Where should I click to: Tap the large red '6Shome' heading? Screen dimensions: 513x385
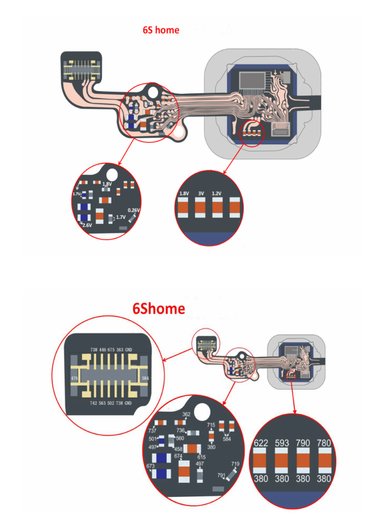[x=158, y=309]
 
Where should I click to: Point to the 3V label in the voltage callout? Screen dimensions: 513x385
[x=201, y=193]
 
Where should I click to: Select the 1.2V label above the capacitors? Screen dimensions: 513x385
[x=217, y=193]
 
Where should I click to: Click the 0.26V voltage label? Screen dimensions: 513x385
[x=133, y=210]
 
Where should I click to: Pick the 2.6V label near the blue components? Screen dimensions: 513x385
[x=87, y=225]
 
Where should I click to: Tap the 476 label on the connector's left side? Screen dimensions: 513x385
[x=75, y=378]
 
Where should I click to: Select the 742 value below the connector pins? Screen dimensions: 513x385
[x=94, y=403]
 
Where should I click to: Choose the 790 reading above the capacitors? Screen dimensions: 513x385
[x=303, y=443]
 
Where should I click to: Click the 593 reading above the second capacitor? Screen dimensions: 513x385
[x=282, y=443]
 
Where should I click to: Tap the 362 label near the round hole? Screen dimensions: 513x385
[x=186, y=414]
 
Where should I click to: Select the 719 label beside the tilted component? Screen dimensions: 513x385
[x=235, y=464]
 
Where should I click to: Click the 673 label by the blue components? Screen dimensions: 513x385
[x=150, y=466]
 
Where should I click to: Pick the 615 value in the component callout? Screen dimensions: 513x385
[x=202, y=456]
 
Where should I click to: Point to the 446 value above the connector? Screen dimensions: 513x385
[x=102, y=350]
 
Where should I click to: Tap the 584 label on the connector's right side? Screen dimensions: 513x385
[x=145, y=378]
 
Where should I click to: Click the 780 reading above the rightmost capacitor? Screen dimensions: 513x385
[x=324, y=443]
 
